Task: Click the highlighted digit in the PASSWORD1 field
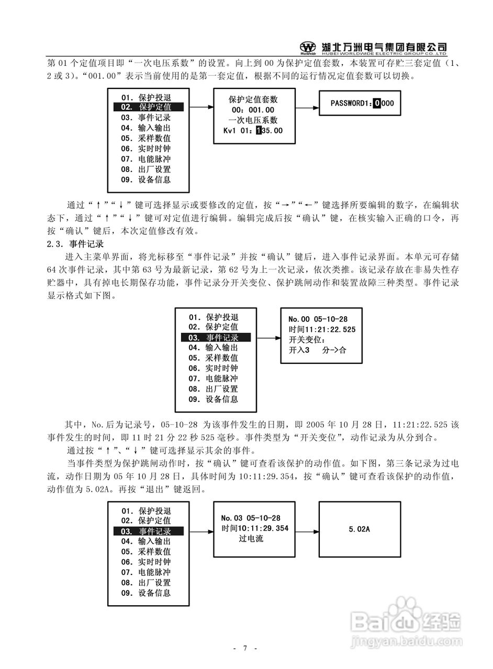pyautogui.click(x=377, y=103)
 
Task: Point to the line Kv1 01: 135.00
pyautogui.click(x=253, y=131)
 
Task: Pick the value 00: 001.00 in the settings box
pyautogui.click(x=253, y=110)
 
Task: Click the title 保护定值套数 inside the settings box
pyautogui.click(x=253, y=99)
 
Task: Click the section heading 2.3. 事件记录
pyautogui.click(x=76, y=244)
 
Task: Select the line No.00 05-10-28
pyautogui.click(x=318, y=319)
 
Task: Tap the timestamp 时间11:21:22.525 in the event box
pyautogui.click(x=322, y=329)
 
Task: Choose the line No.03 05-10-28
pyautogui.click(x=251, y=518)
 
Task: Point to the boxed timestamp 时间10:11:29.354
pyautogui.click(x=255, y=528)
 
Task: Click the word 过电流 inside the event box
pyautogui.click(x=251, y=539)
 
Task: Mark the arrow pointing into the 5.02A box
pyautogui.click(x=307, y=531)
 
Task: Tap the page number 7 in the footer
pyautogui.click(x=244, y=649)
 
